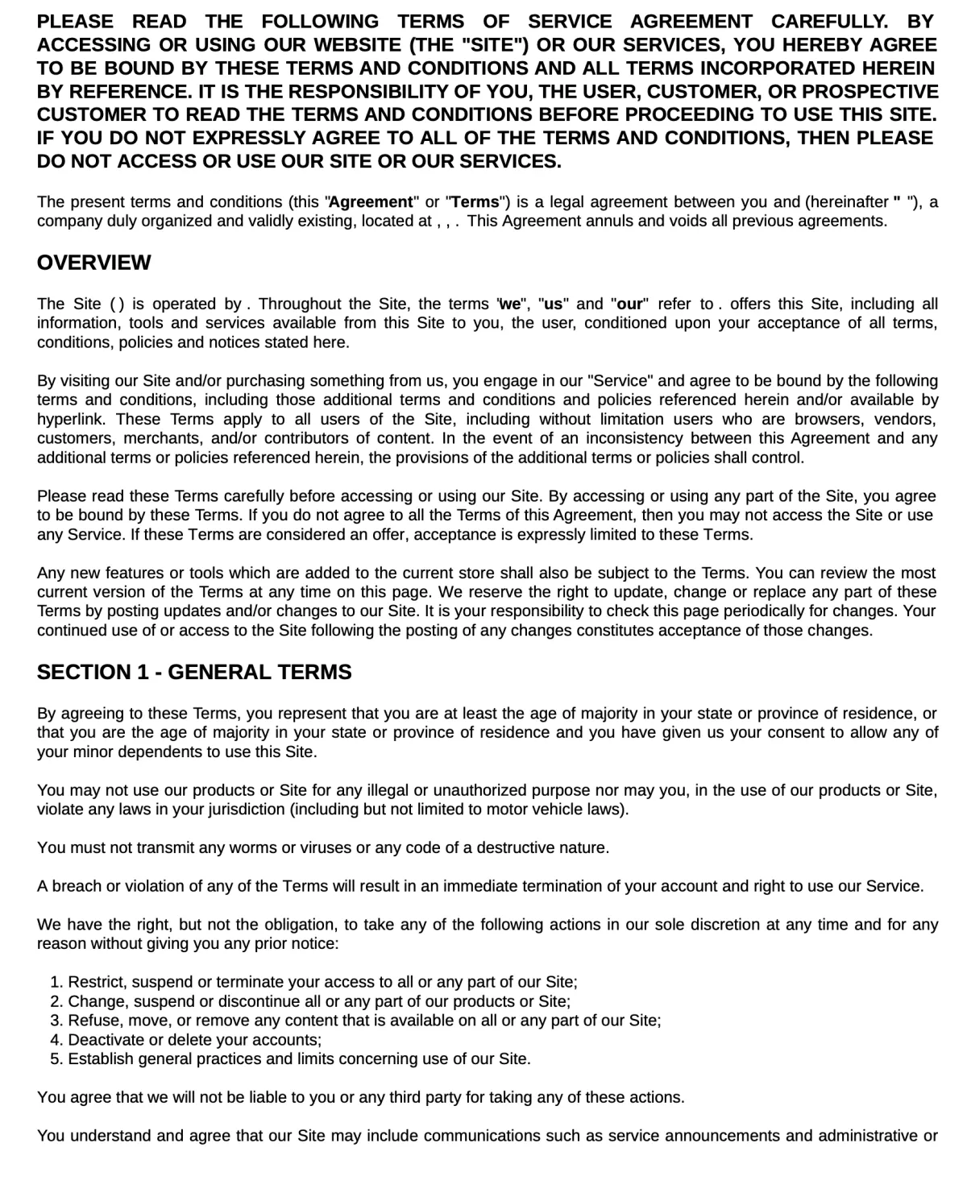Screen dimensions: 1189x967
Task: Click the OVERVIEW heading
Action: (x=93, y=263)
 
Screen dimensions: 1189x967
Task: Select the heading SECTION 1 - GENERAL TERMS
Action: (x=194, y=673)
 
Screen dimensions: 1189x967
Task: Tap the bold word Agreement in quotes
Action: (x=371, y=202)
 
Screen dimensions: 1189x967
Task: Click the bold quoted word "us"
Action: (x=554, y=304)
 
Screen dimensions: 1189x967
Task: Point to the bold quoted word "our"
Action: (x=630, y=304)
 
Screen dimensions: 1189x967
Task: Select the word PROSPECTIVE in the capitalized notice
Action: (x=870, y=92)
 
